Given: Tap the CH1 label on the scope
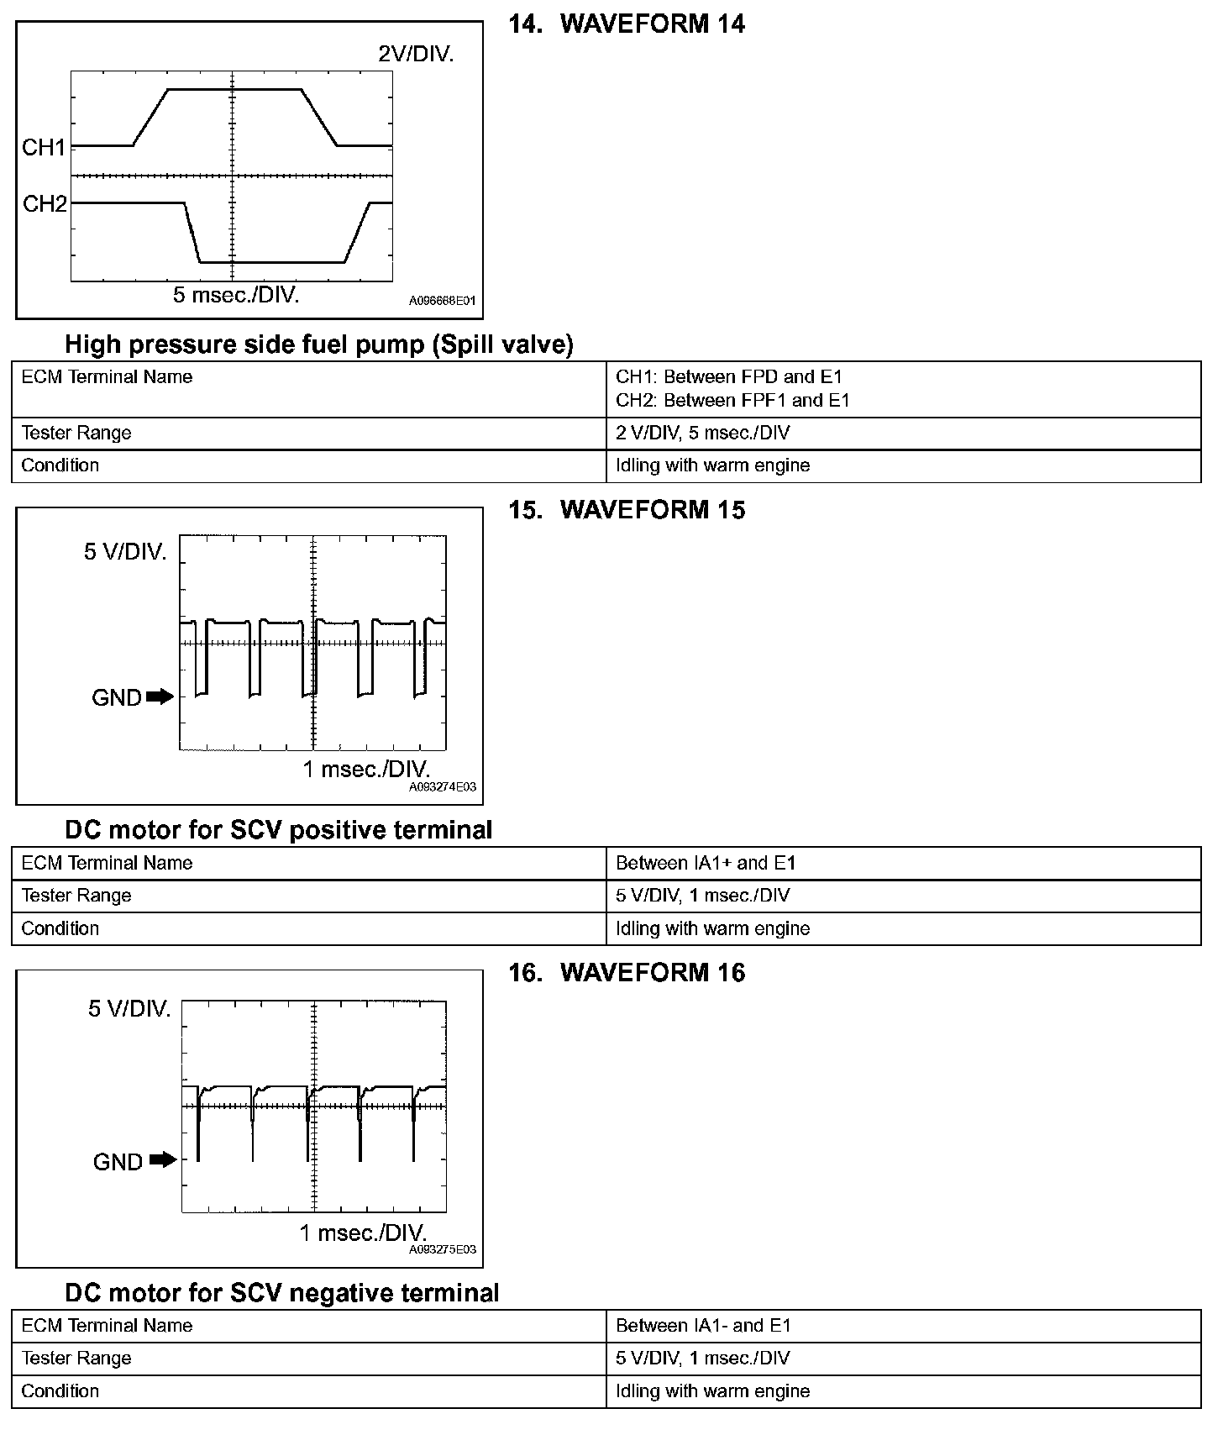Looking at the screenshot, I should coord(44,148).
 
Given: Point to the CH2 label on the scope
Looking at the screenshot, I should coord(44,204).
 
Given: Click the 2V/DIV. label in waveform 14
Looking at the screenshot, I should coord(416,55).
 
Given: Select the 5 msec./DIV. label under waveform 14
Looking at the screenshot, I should coord(236,295).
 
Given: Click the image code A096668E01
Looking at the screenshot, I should coord(443,300).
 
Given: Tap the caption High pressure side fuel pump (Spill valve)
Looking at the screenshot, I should coord(319,344).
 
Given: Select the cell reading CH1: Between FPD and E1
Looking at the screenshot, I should coord(729,377).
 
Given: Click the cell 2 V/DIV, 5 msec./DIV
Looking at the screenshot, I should coord(703,434).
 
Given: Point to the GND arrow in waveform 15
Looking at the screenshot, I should coord(160,696).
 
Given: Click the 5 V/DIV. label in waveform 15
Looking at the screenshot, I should coord(125,552).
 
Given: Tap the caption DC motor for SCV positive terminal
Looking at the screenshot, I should coord(279,830).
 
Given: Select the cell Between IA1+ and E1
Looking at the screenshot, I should coord(706,863).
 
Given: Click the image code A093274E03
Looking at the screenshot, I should coord(443,787).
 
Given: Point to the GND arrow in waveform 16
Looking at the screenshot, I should coord(163,1160).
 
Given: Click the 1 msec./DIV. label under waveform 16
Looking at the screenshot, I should coord(363,1233).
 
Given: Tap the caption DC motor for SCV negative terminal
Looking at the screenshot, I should coord(282,1293).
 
